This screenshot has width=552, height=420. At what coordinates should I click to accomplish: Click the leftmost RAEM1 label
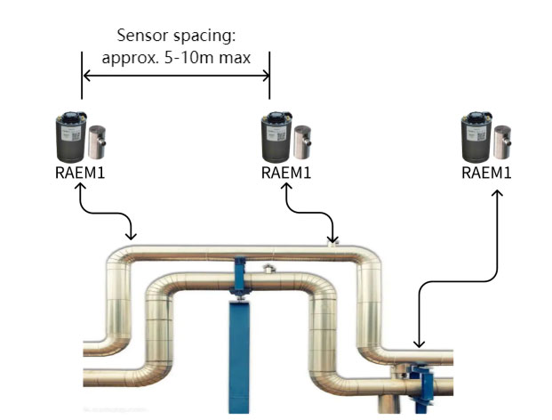pyautogui.click(x=80, y=171)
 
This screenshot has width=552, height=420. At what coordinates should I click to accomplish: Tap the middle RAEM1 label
pyautogui.click(x=286, y=171)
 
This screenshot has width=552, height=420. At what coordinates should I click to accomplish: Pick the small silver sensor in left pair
pyautogui.click(x=97, y=140)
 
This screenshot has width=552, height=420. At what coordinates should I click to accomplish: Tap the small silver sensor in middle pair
pyautogui.click(x=303, y=140)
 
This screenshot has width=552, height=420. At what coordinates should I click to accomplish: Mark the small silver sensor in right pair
pyautogui.click(x=503, y=140)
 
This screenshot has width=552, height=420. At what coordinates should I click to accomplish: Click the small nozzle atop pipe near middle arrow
pyautogui.click(x=333, y=246)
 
